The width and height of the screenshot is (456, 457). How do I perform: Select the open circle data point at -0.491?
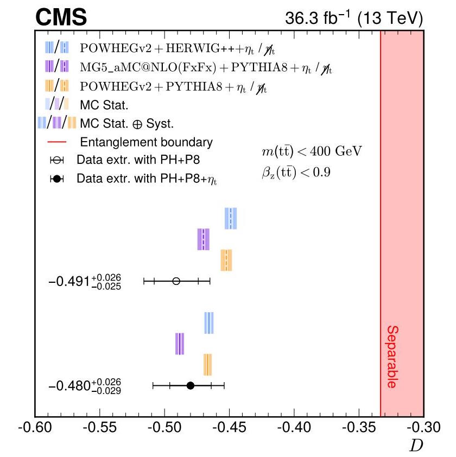(176, 281)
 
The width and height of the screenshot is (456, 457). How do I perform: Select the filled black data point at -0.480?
(191, 385)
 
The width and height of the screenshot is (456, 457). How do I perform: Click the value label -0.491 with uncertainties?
(85, 282)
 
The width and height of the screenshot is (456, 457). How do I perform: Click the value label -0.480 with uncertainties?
(85, 386)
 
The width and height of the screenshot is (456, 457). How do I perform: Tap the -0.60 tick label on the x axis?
(35, 429)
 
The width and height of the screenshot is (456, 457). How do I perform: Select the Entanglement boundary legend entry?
(146, 143)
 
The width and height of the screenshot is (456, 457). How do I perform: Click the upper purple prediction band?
(203, 239)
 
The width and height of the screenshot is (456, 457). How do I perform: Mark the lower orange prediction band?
(207, 364)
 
